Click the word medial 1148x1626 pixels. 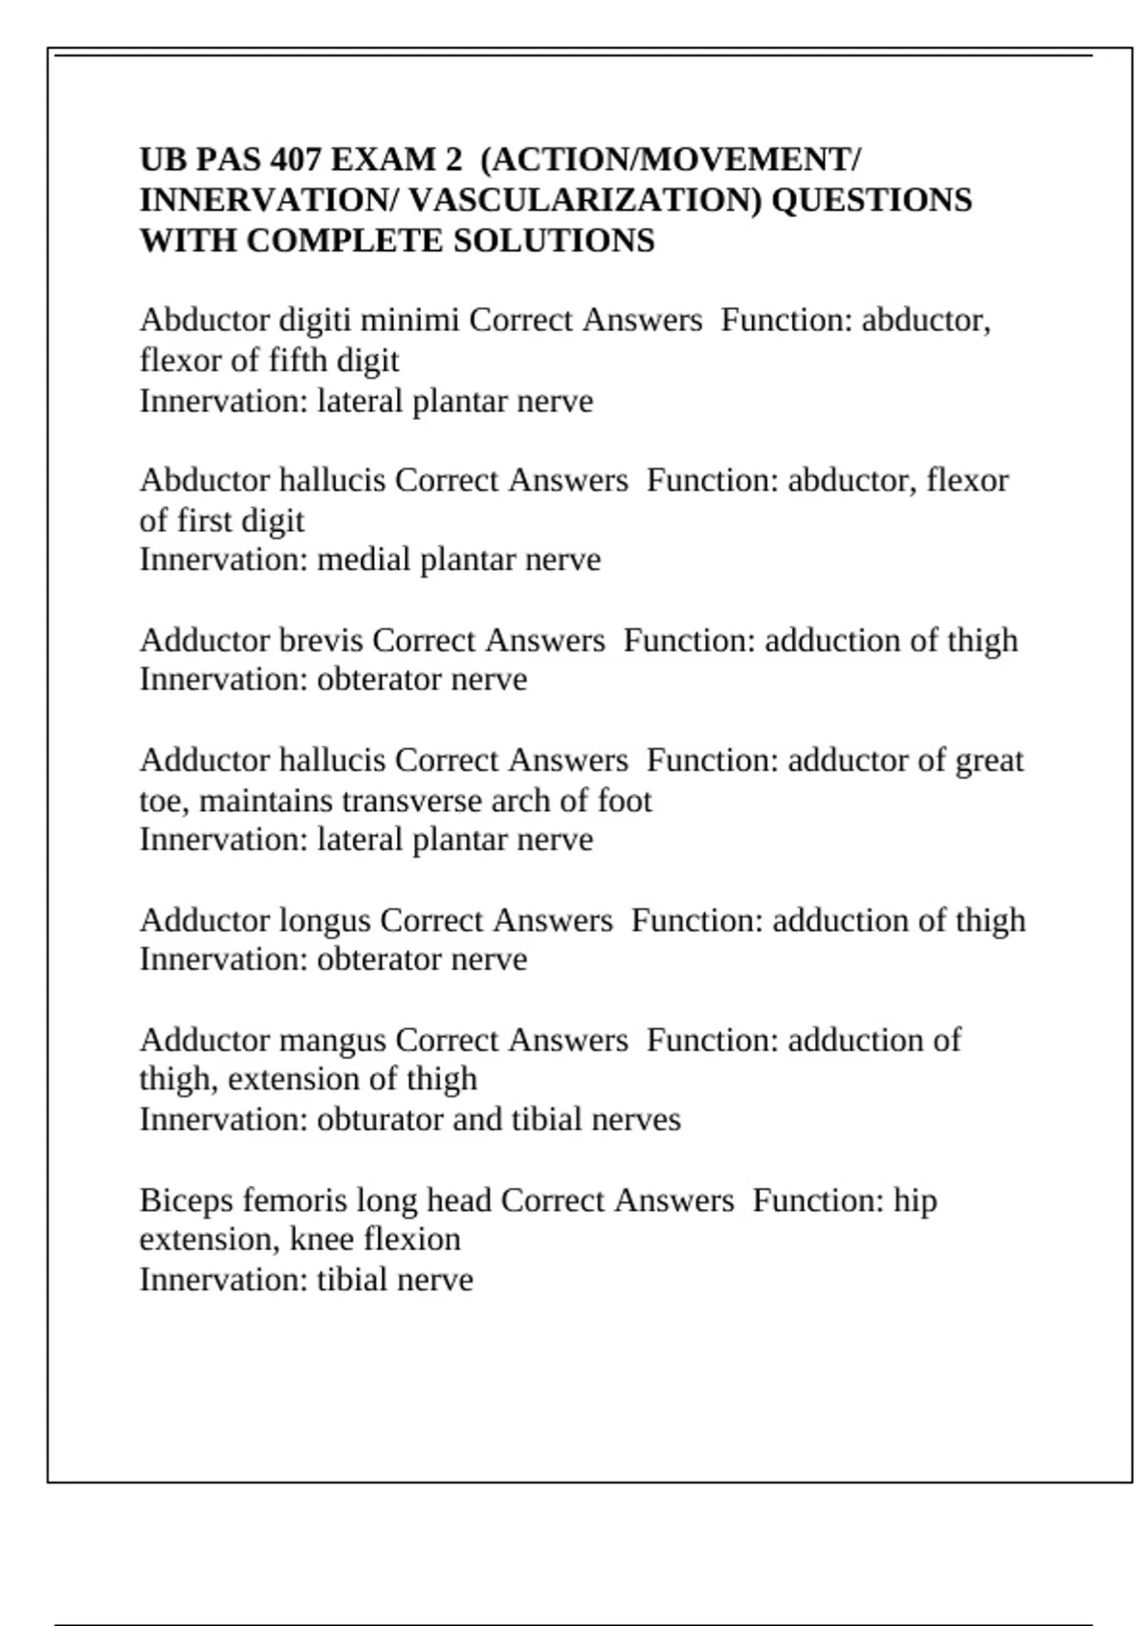pos(364,560)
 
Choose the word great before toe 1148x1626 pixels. pos(986,760)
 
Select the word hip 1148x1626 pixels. pos(915,1200)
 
